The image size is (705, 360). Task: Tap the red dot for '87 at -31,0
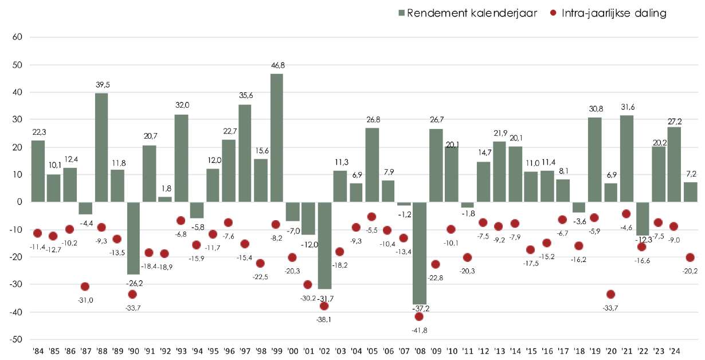[x=85, y=287]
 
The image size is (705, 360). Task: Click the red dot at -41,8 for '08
[x=420, y=316]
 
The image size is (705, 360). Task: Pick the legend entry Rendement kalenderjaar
[x=467, y=13]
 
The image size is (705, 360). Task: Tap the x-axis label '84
[x=38, y=350]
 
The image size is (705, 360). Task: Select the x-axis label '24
[x=674, y=350]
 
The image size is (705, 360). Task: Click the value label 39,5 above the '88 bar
[x=101, y=85]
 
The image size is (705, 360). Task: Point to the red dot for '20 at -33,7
[x=611, y=294]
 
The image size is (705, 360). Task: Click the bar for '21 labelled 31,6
[x=626, y=158]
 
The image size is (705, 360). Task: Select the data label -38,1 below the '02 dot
[x=324, y=319]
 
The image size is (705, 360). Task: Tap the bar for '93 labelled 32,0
[x=181, y=158]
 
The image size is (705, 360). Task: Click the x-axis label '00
[x=292, y=350]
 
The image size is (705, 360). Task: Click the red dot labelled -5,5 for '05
[x=371, y=217]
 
